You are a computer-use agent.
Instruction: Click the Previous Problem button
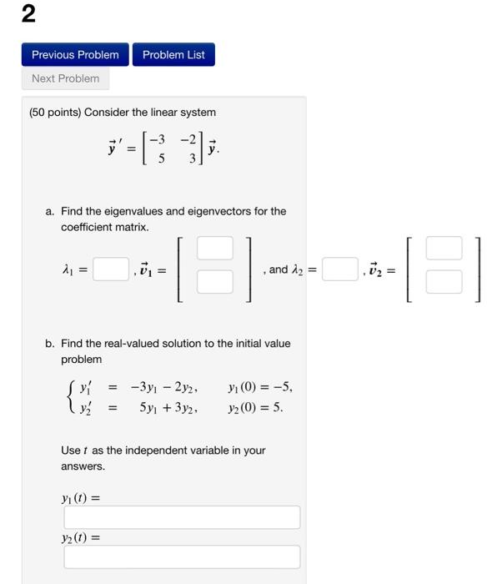[x=75, y=55]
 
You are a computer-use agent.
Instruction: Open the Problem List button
[x=173, y=55]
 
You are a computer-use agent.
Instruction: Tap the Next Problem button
[x=65, y=78]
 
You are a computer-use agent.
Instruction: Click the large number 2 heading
[x=29, y=14]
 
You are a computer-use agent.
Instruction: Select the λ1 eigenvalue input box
[x=110, y=269]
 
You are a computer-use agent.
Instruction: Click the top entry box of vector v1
[x=214, y=249]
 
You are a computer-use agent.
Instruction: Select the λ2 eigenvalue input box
[x=339, y=269]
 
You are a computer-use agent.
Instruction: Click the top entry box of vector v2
[x=443, y=249]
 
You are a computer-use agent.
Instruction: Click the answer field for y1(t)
[x=182, y=517]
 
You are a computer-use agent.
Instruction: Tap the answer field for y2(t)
[x=182, y=556]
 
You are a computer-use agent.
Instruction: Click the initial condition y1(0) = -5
[x=259, y=387]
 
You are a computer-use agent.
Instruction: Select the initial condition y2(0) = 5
[x=255, y=408]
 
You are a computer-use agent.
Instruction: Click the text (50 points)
[x=55, y=112]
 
